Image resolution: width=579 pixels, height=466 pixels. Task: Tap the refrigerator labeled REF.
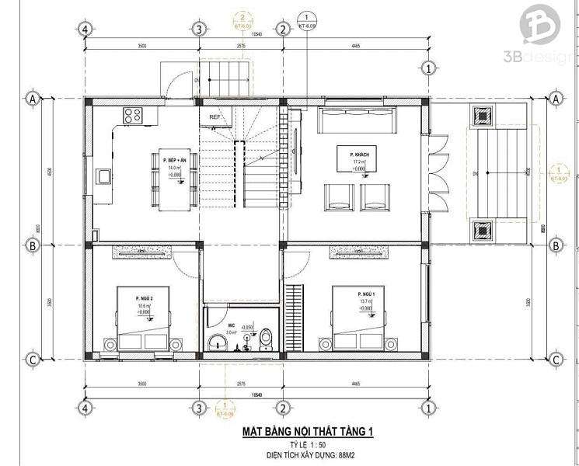tap(215, 117)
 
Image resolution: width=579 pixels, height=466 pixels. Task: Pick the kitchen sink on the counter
tap(103, 176)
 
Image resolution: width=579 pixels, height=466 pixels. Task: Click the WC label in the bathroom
tap(231, 326)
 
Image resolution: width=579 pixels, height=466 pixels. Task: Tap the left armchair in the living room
tap(339, 196)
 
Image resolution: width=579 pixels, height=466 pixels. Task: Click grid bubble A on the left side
tap(33, 99)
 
